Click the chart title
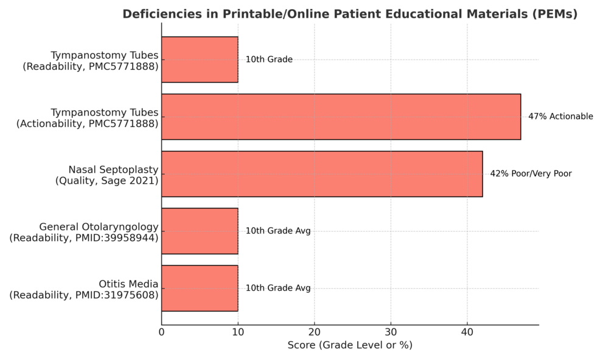tap(350, 14)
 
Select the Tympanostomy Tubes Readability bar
tap(200, 60)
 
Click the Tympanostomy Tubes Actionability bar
tap(341, 117)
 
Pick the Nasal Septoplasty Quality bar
tap(322, 174)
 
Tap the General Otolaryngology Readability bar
tap(200, 231)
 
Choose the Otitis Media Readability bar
tap(200, 288)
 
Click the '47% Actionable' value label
tap(560, 117)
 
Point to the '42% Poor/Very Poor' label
tap(531, 174)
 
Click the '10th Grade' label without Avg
tap(269, 60)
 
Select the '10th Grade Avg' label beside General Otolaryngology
tap(278, 231)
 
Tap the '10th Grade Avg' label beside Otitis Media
tap(278, 288)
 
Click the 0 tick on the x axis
tap(162, 332)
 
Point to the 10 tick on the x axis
tap(238, 332)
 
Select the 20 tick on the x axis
tap(315, 332)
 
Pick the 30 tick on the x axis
tap(391, 332)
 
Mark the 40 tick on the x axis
tap(467, 332)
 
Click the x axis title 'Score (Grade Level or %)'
tap(350, 345)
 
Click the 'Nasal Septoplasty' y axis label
tap(113, 170)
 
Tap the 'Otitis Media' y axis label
tap(128, 284)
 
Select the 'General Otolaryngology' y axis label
tap(99, 227)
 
